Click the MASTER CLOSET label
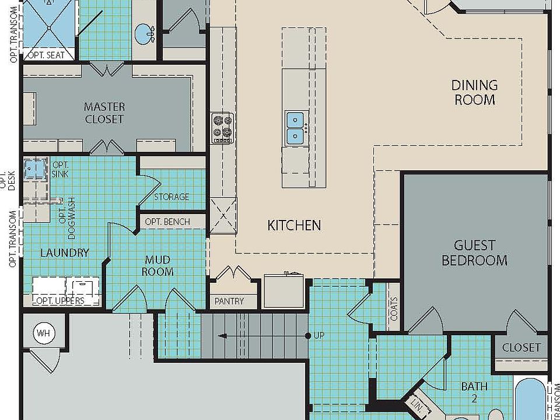tap(104, 113)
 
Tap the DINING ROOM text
tap(475, 93)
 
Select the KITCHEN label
tap(294, 225)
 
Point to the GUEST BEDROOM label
tap(474, 253)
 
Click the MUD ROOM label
tap(157, 266)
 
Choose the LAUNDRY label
tap(65, 253)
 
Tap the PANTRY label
tap(229, 302)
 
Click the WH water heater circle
tap(43, 334)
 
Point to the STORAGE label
tap(171, 197)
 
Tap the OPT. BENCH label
tap(167, 222)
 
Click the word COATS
tap(394, 309)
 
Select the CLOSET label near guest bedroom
tap(521, 347)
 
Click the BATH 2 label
tap(474, 391)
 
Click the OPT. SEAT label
tap(49, 55)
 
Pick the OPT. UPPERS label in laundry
tap(61, 301)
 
